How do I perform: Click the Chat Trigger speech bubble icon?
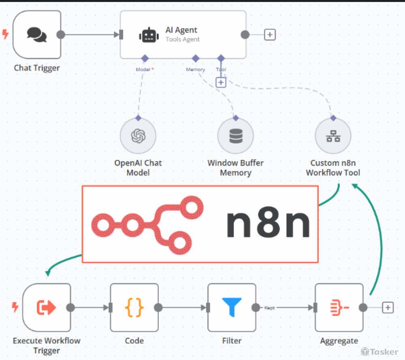point(37,34)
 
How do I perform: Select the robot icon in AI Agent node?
point(149,35)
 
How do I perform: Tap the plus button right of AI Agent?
point(270,35)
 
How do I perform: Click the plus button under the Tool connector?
point(221,82)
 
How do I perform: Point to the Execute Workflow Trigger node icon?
point(46,308)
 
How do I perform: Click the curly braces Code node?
point(134,308)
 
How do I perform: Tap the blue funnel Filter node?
point(232,307)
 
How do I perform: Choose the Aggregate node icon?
point(339,308)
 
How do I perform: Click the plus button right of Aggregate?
point(388,308)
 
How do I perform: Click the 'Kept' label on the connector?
point(269,308)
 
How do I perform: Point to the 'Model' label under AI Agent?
point(143,70)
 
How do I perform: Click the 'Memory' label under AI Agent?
point(195,70)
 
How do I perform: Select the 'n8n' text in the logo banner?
point(268,224)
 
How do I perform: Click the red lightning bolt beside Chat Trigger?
point(6,34)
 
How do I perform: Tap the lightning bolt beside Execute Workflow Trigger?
point(15,308)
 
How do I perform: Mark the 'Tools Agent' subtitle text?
point(182,40)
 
